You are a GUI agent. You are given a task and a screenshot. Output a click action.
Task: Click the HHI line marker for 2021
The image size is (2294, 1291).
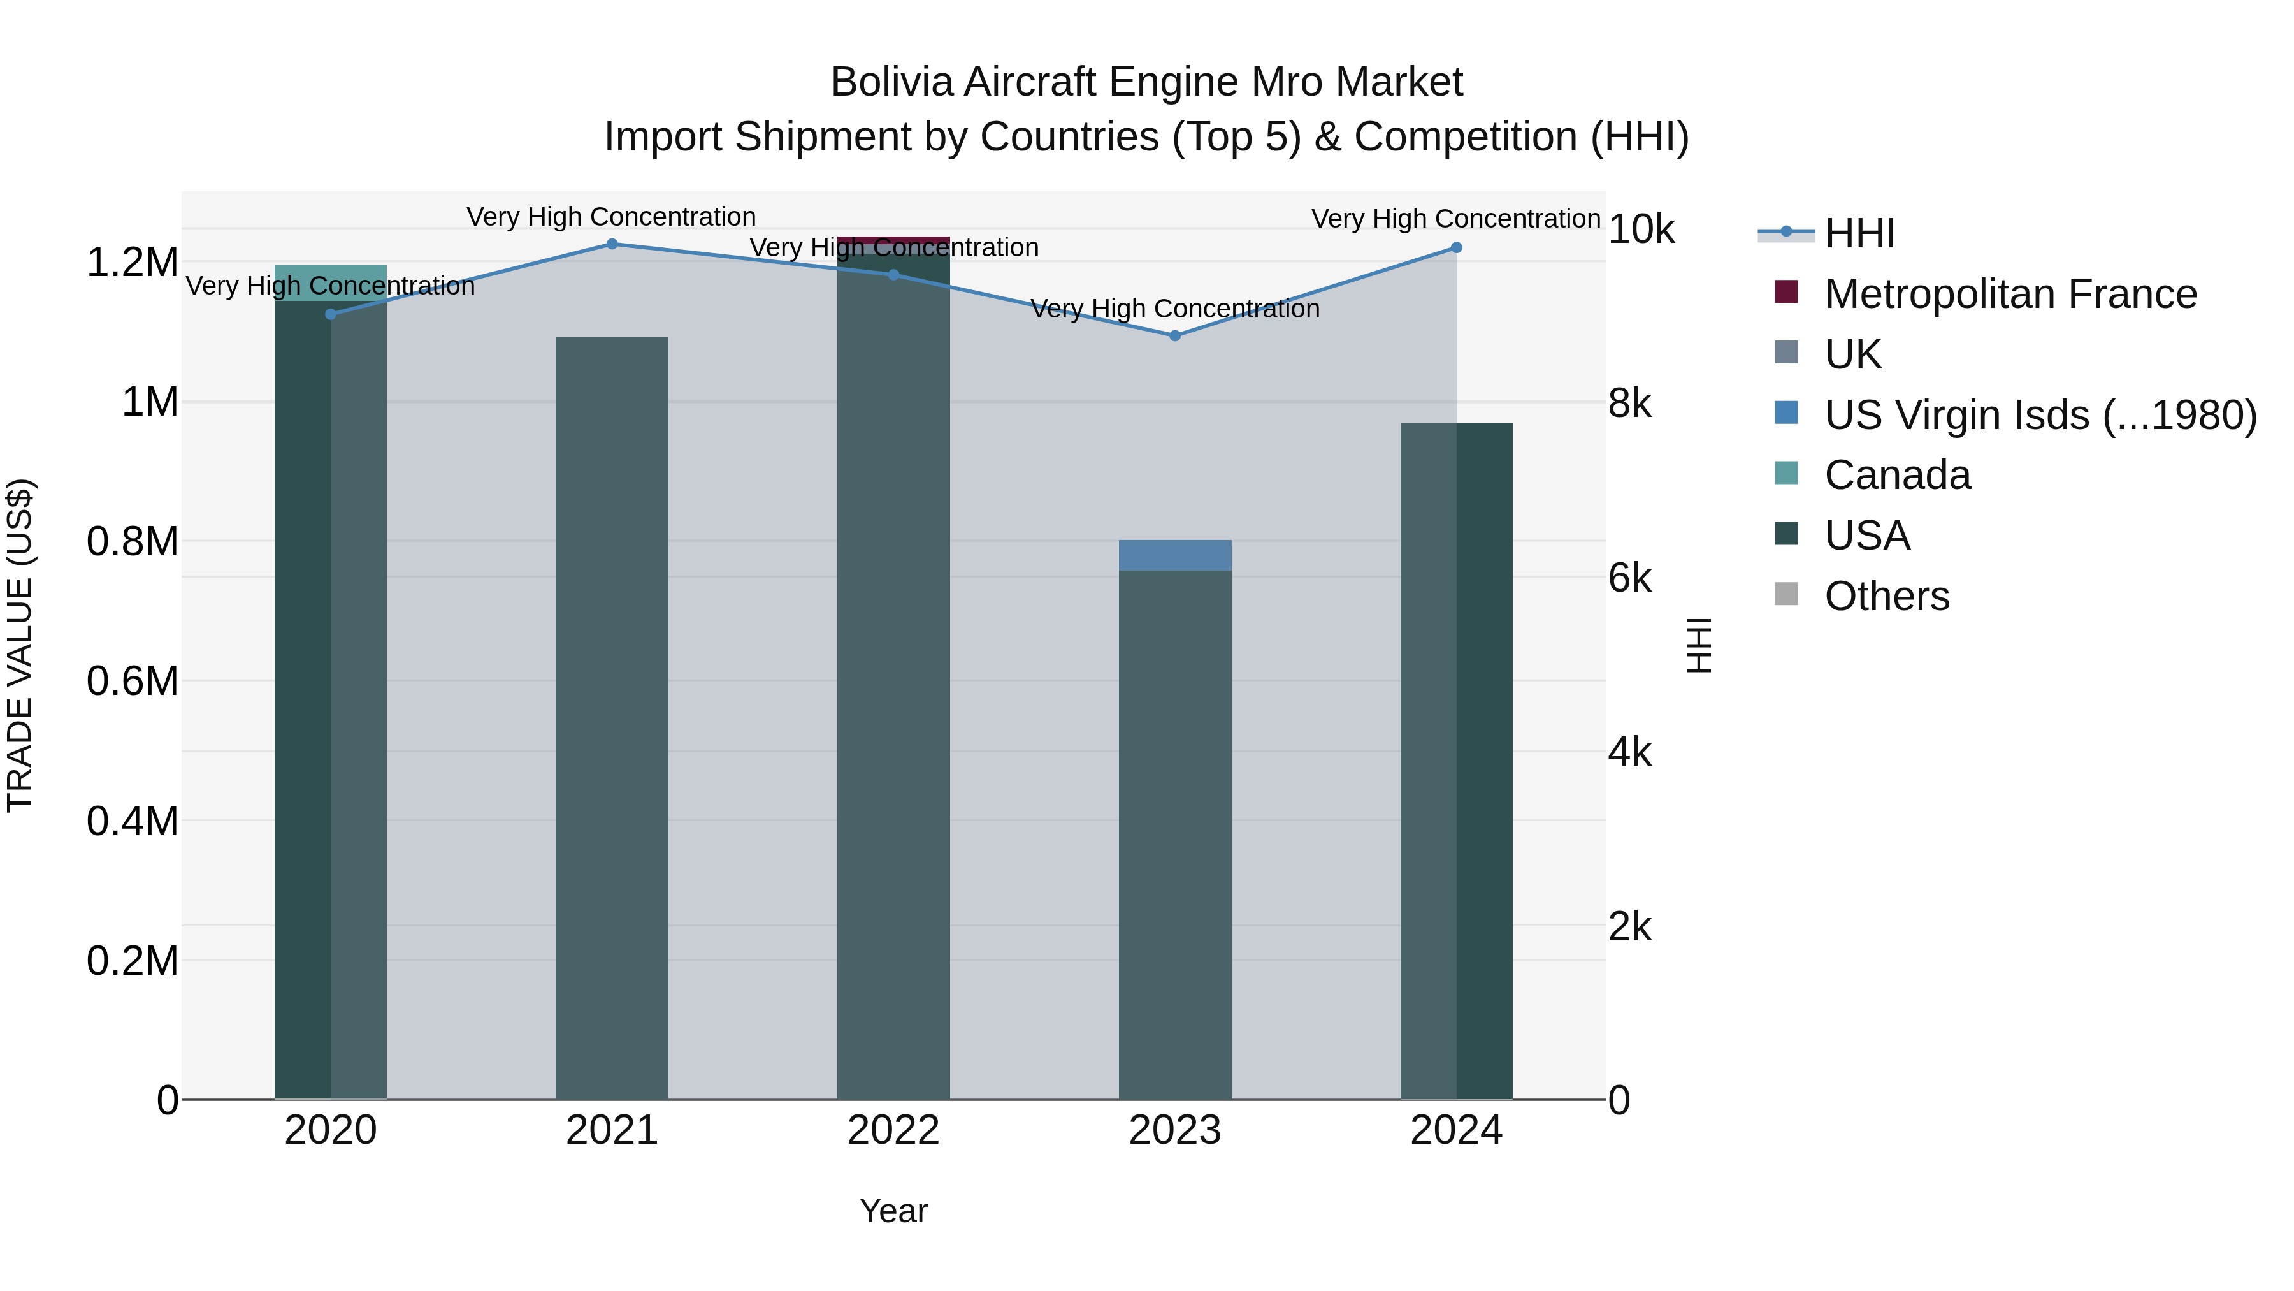612,244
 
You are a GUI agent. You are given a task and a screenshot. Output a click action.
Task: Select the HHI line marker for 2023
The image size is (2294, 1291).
1174,336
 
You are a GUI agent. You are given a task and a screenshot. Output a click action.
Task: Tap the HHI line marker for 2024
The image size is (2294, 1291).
1456,248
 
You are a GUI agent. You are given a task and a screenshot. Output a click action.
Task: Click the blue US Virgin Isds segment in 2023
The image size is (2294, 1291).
1174,555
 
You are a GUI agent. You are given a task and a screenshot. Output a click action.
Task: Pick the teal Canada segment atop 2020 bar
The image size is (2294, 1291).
330,282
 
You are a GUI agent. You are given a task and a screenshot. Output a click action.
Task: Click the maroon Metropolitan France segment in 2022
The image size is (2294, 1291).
893,240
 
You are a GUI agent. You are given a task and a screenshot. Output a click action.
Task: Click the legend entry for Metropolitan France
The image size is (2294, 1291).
2009,294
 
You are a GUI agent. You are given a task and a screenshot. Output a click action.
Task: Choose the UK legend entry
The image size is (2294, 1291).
1852,354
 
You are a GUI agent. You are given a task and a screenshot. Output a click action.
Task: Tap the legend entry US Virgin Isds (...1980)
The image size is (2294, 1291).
2039,415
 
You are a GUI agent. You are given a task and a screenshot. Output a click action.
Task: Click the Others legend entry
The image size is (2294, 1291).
1886,596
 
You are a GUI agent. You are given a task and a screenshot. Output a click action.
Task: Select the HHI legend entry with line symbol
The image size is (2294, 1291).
1859,233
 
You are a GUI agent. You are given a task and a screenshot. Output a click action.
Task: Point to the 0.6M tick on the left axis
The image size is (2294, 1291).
133,682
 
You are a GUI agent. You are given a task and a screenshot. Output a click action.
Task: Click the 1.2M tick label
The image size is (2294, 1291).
133,263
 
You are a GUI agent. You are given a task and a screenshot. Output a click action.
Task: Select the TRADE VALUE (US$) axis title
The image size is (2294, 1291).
20,645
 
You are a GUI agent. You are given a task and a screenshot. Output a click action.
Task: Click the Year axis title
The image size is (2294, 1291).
893,1211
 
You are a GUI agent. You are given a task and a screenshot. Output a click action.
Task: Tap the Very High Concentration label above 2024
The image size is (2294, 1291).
1455,219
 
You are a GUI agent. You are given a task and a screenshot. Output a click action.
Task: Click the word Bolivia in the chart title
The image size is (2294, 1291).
892,83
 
